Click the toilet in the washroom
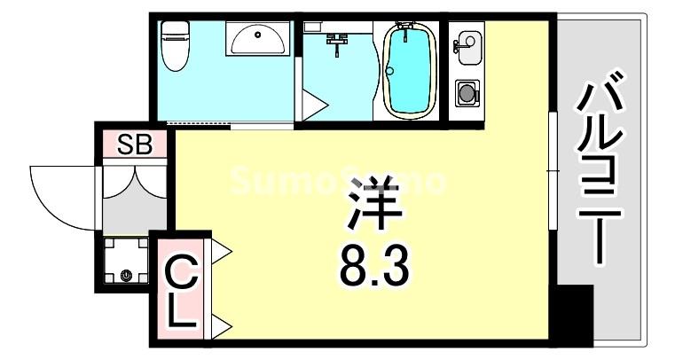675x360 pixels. [175, 46]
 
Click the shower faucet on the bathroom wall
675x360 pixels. [336, 41]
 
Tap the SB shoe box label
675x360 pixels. [136, 144]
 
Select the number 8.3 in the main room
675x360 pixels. [373, 264]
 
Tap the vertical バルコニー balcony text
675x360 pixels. [600, 173]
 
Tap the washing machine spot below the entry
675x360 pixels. [125, 262]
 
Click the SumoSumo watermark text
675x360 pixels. [337, 182]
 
